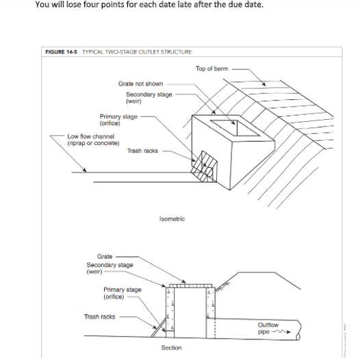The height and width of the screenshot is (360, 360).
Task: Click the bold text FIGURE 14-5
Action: (x=61, y=52)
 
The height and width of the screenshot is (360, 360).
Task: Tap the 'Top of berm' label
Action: (x=212, y=68)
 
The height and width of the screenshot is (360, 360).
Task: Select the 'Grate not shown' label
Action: (x=140, y=83)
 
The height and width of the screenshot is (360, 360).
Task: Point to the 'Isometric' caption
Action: (x=172, y=219)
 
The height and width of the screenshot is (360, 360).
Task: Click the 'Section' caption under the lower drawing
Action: (x=171, y=348)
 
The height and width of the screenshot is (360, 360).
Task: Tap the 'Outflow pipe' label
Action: (x=268, y=329)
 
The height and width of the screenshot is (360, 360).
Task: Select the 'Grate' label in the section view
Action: (x=105, y=257)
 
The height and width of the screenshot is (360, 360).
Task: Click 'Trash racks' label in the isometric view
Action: (x=142, y=151)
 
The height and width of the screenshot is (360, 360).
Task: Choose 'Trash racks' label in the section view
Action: (x=100, y=317)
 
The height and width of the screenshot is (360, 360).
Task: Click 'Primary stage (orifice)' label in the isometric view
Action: (x=118, y=120)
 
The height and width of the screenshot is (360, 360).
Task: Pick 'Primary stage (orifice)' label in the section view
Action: (x=122, y=293)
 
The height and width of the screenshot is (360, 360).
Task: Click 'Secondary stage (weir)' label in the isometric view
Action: (x=149, y=98)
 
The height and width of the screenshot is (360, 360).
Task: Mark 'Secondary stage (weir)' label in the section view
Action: (x=110, y=268)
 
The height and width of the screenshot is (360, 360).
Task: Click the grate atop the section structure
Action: (x=190, y=286)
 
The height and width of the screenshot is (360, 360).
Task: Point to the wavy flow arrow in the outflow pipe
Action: (x=281, y=331)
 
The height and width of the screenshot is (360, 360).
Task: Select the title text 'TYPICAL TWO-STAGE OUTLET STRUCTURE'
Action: (x=137, y=52)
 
